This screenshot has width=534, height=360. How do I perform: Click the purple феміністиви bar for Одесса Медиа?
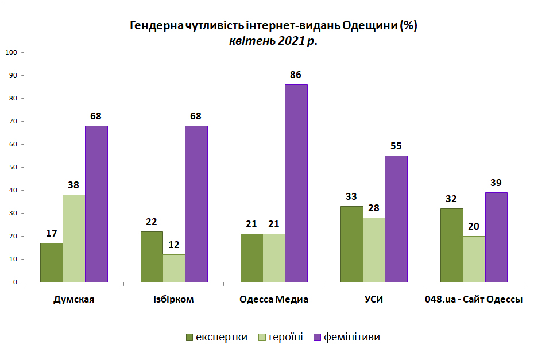(x=296, y=183)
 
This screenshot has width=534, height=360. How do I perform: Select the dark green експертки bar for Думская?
(x=52, y=262)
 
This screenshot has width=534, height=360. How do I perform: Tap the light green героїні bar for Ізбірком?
(x=174, y=268)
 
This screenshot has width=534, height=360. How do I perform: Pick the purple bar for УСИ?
(x=396, y=219)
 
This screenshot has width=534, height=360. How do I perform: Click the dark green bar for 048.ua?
(x=451, y=245)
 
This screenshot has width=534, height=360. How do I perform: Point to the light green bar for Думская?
(x=74, y=238)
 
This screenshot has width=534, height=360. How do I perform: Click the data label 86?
(x=296, y=75)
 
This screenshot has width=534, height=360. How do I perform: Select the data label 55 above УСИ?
(x=396, y=146)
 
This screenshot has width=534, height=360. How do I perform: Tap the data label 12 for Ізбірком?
(x=174, y=245)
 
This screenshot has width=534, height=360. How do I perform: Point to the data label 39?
(x=496, y=183)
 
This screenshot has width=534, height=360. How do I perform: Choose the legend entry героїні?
(x=281, y=337)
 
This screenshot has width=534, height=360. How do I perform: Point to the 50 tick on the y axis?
(x=13, y=167)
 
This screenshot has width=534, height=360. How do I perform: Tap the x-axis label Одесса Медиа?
(x=274, y=299)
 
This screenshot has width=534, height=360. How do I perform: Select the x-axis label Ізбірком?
(x=174, y=299)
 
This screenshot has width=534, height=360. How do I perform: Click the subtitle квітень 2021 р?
(x=273, y=41)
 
